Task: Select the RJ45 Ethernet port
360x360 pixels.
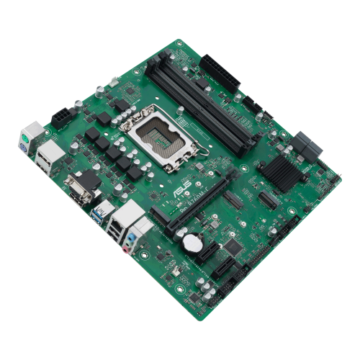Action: pyautogui.click(x=130, y=214)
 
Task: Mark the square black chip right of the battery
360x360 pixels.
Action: pyautogui.click(x=231, y=247)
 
